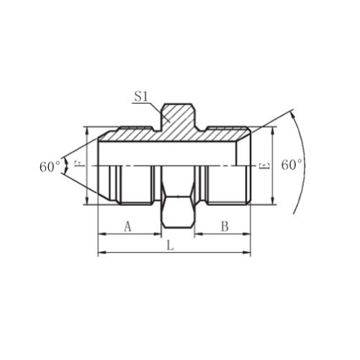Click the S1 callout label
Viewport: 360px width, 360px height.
coord(140,97)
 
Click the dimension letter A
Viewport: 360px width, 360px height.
coord(128,227)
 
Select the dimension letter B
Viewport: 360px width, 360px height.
coord(225,227)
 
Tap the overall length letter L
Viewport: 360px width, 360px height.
coord(170,246)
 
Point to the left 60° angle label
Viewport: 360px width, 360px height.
coord(50,167)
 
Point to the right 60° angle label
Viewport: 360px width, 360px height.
coord(291,165)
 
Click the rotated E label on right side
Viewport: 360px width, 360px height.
coord(264,166)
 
